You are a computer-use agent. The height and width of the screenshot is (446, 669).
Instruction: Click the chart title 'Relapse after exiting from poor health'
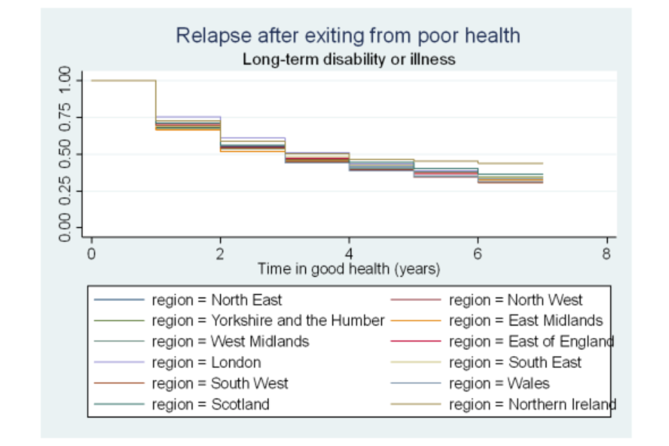(x=348, y=36)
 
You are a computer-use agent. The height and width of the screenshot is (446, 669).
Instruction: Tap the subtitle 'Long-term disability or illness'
(x=348, y=59)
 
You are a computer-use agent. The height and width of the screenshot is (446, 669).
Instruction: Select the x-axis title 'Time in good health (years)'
(x=348, y=268)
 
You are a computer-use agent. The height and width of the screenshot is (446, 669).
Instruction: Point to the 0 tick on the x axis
(x=91, y=254)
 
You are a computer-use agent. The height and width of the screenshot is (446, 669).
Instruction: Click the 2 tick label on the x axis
(x=220, y=254)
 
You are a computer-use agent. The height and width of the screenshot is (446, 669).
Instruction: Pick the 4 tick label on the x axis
(x=349, y=254)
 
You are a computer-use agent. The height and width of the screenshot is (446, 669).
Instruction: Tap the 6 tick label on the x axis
(x=477, y=254)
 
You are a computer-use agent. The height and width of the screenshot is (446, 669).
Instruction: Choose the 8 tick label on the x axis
(x=606, y=254)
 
